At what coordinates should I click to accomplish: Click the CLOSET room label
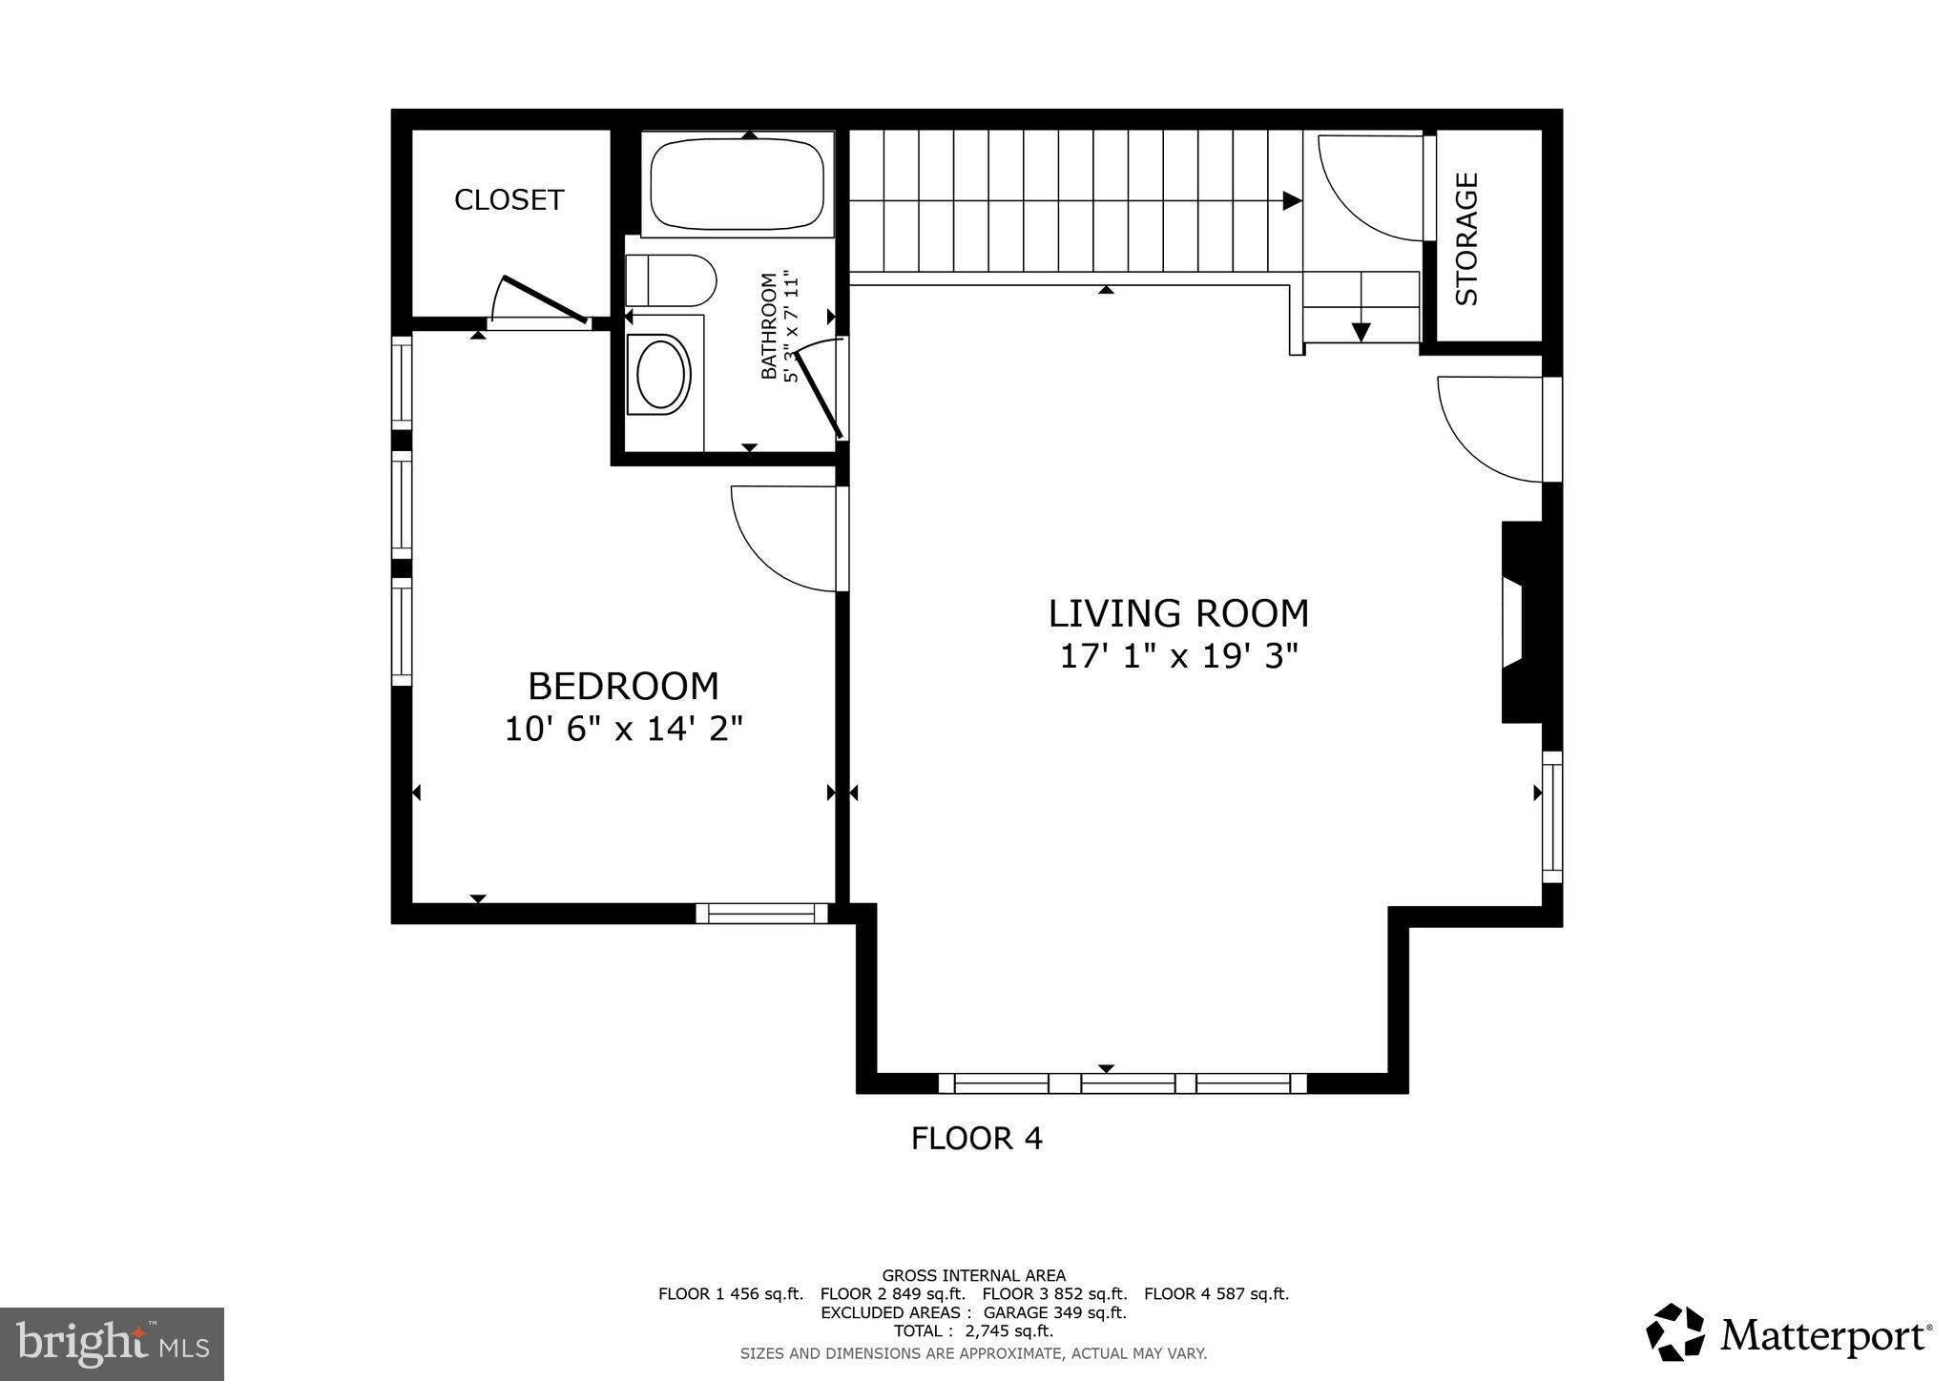tap(509, 200)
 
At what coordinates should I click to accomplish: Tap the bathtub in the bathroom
tap(737, 184)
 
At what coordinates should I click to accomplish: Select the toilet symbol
tap(671, 280)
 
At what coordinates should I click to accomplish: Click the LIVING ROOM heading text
tap(1178, 613)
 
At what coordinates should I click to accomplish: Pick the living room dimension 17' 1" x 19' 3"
tap(1178, 657)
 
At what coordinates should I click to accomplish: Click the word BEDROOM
tap(623, 687)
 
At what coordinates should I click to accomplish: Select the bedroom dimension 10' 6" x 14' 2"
tap(623, 730)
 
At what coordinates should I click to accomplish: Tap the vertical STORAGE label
tap(1466, 238)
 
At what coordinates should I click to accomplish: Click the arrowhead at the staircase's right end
tap(1292, 200)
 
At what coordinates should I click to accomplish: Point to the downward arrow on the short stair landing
tap(1361, 332)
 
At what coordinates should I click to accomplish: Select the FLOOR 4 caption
tap(976, 1139)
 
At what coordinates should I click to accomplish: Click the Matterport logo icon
tap(1674, 1332)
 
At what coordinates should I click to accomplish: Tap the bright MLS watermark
tap(113, 1344)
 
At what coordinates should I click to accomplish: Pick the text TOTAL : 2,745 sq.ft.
tap(973, 1331)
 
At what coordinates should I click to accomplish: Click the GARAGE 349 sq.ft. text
tap(1054, 1312)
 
